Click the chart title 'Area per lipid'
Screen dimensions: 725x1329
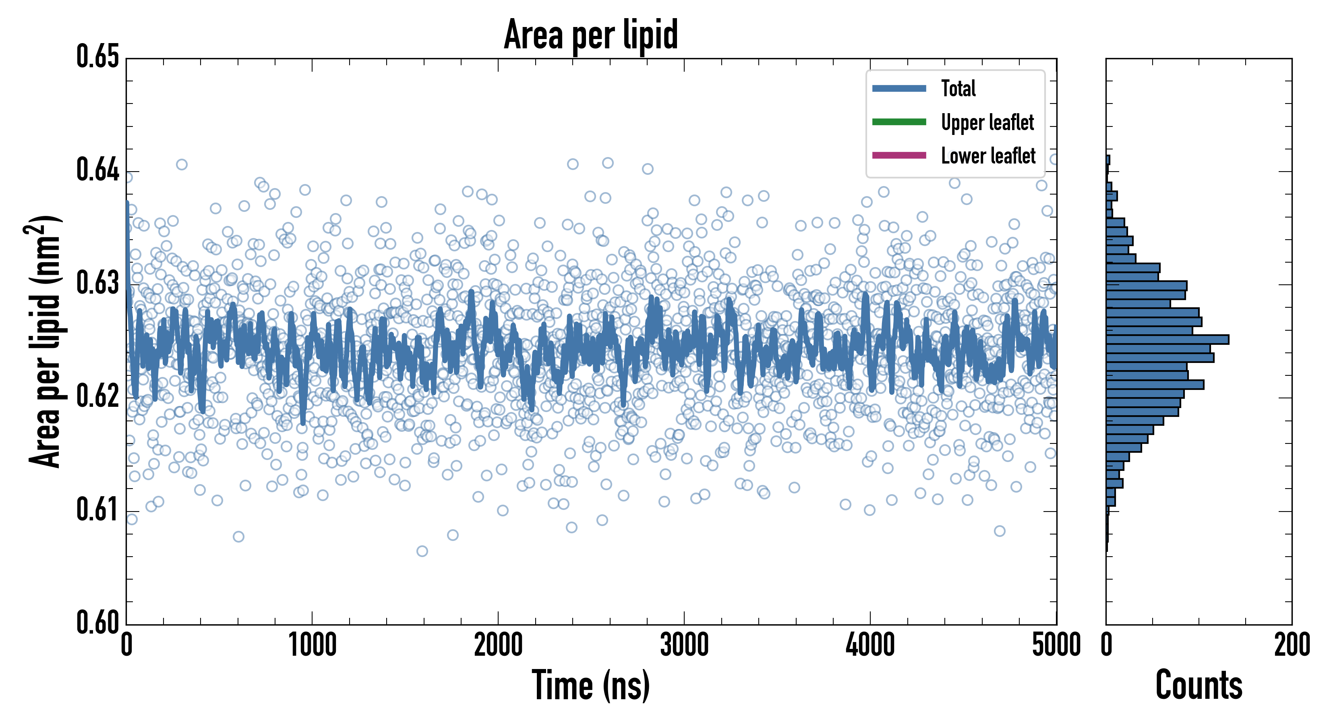coord(591,35)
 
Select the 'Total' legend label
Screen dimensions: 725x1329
coord(958,88)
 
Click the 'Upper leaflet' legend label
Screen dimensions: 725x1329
coord(987,122)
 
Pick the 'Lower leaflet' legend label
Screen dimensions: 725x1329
coord(988,156)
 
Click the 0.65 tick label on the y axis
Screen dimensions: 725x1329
coord(98,57)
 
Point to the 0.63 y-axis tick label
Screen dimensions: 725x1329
coord(98,283)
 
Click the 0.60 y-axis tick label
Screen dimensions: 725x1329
coord(98,622)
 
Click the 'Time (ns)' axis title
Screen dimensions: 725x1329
coord(591,686)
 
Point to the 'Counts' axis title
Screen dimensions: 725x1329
coord(1199,686)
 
